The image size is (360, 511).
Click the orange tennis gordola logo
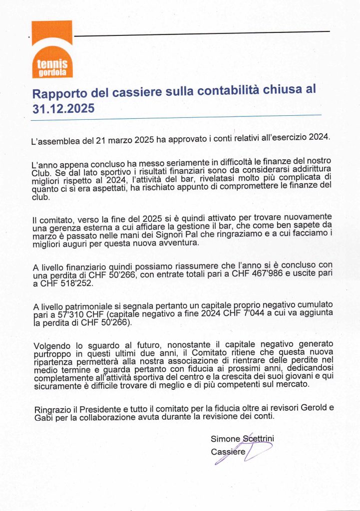(x=52, y=49)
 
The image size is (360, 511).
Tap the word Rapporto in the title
(x=56, y=93)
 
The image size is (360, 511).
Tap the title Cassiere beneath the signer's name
(x=228, y=452)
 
